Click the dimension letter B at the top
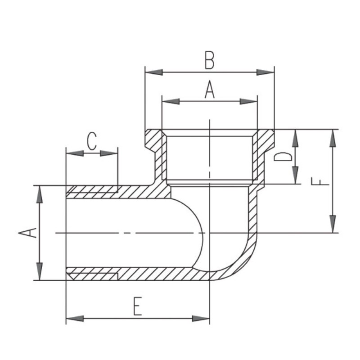click(209, 61)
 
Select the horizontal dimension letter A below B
click(209, 90)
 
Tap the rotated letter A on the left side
click(27, 233)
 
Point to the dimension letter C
click(92, 141)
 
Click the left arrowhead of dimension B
click(154, 72)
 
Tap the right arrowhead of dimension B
click(265, 72)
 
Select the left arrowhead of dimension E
click(75, 319)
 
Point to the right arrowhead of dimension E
click(201, 319)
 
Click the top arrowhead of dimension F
click(333, 138)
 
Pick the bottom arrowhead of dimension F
click(333, 224)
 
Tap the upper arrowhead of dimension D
click(295, 138)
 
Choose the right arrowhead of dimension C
click(109, 153)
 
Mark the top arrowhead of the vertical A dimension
click(40, 194)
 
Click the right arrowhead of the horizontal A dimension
click(249, 101)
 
